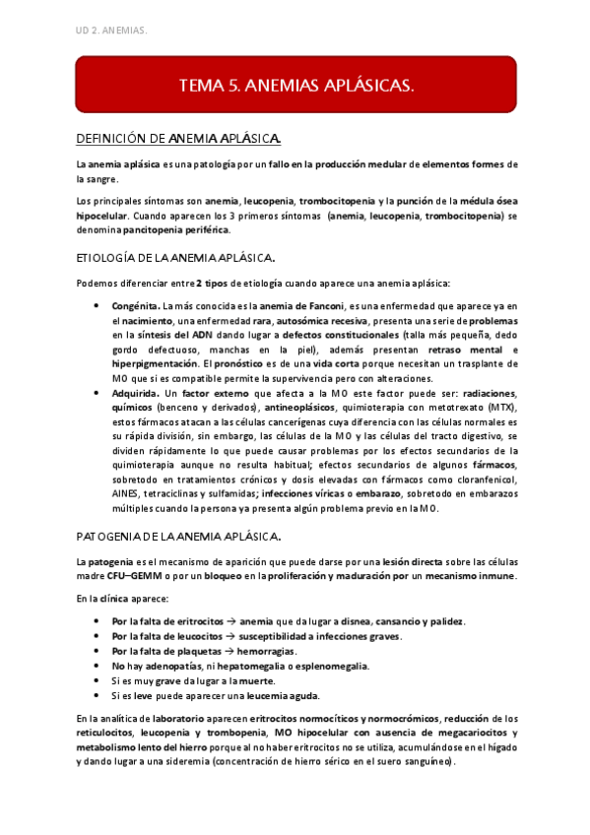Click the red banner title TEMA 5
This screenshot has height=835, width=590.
[295, 87]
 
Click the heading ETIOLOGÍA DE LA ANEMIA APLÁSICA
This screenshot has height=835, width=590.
[175, 258]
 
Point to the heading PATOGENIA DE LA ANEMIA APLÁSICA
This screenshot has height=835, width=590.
[178, 536]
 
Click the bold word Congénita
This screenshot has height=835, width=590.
[136, 306]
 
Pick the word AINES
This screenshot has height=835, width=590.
[127, 494]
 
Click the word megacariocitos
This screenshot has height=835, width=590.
[438, 733]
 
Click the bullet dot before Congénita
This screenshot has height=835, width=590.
[96, 306]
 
